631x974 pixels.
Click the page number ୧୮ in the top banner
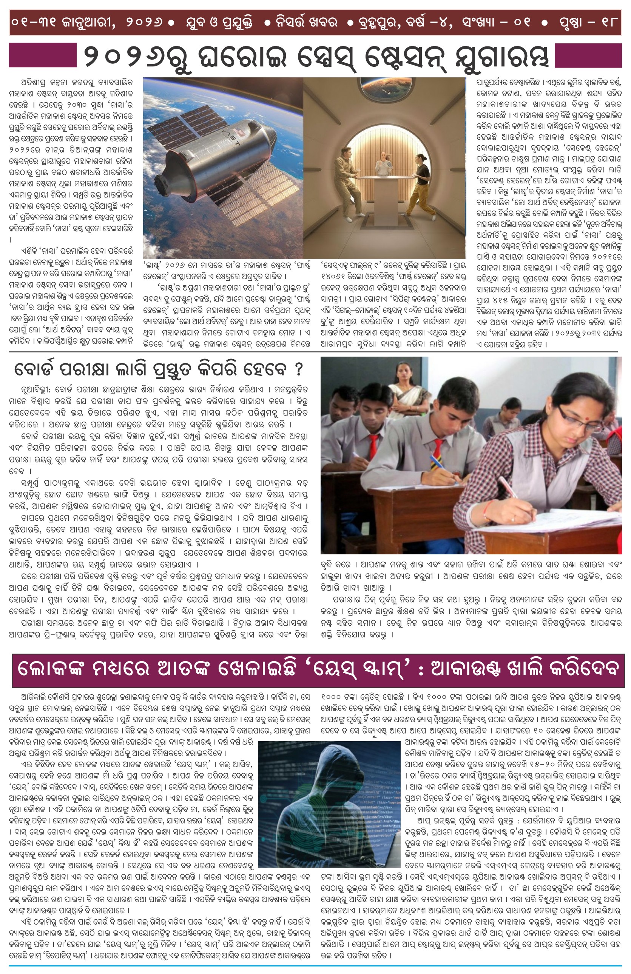click(x=609, y=21)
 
